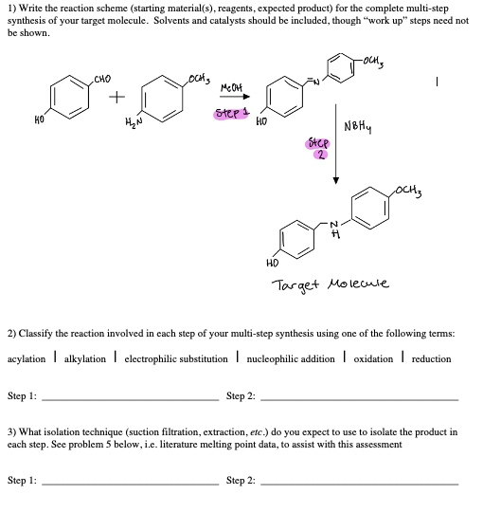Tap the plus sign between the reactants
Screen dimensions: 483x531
click(116, 98)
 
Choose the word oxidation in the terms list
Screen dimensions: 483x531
click(379, 358)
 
